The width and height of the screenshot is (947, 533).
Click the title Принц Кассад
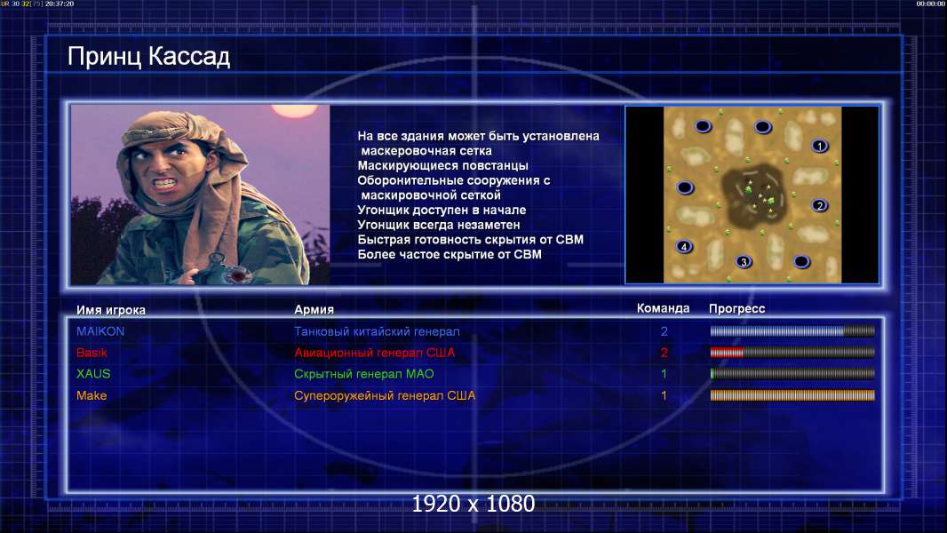click(x=148, y=57)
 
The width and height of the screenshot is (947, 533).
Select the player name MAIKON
click(x=100, y=331)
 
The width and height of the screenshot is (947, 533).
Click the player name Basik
click(x=92, y=353)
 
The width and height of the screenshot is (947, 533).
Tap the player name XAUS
click(x=93, y=374)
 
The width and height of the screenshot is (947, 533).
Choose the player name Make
click(x=92, y=395)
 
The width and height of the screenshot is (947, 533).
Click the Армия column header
click(x=314, y=309)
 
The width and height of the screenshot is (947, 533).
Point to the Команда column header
click(x=663, y=308)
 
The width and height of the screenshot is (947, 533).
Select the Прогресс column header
click(x=736, y=308)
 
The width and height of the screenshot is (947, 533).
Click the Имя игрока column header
click(x=110, y=310)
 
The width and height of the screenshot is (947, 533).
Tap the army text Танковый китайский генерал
click(x=377, y=331)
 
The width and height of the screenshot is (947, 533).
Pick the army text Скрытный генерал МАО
click(x=364, y=374)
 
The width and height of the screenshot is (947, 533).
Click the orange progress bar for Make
click(x=792, y=395)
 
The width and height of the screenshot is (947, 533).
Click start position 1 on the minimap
click(x=820, y=146)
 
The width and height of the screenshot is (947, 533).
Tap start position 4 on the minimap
click(x=684, y=246)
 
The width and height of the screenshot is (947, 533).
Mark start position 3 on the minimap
click(x=744, y=261)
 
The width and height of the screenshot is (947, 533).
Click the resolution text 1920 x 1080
click(x=473, y=504)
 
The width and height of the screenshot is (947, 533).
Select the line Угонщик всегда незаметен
click(x=439, y=225)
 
